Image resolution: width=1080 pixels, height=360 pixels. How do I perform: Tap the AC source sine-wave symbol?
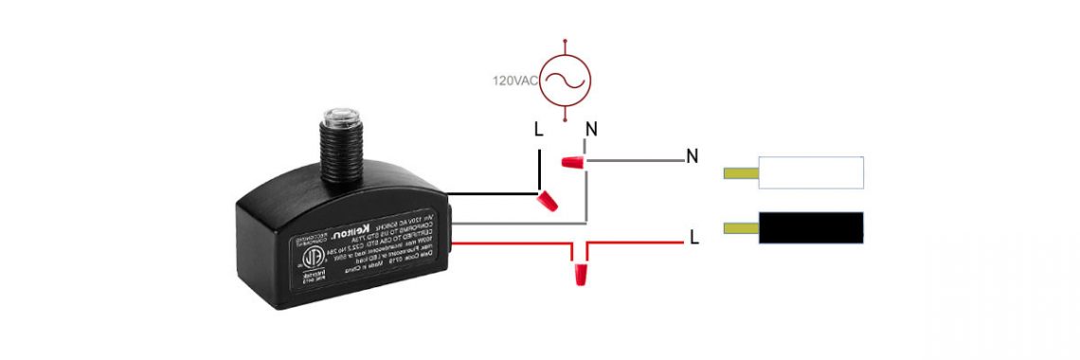click(x=566, y=81)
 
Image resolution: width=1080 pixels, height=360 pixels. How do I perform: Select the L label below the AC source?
click(x=539, y=130)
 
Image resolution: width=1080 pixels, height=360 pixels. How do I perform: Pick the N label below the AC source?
click(x=591, y=130)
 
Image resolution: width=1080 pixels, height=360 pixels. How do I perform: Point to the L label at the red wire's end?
click(x=694, y=238)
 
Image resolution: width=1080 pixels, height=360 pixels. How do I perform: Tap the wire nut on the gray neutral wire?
click(x=570, y=162)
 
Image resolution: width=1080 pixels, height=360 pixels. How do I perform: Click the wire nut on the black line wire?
click(x=547, y=200)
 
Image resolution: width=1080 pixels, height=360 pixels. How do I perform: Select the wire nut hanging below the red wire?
click(x=579, y=276)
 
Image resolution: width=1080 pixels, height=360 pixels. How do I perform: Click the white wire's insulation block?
click(x=811, y=172)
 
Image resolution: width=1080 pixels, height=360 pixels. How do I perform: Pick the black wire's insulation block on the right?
click(x=811, y=227)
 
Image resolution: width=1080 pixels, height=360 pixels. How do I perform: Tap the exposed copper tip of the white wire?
click(x=740, y=173)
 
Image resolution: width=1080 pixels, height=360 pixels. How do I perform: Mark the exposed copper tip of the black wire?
click(x=740, y=227)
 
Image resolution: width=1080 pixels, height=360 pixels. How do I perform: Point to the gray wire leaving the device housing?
click(x=512, y=224)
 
